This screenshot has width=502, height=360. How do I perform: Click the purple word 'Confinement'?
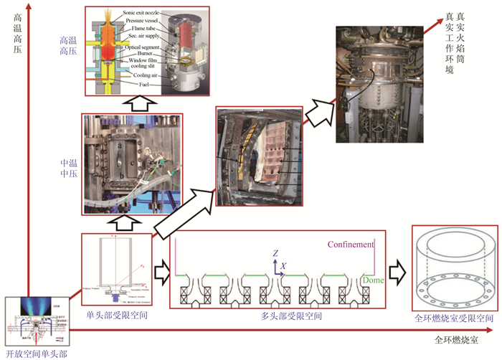point(351,245)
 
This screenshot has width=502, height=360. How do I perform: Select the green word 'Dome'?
point(373,280)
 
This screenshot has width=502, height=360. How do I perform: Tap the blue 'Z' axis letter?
point(275,253)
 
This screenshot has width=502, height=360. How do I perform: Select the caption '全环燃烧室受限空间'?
point(455,317)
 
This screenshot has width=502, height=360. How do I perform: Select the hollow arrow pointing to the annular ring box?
point(398,272)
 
